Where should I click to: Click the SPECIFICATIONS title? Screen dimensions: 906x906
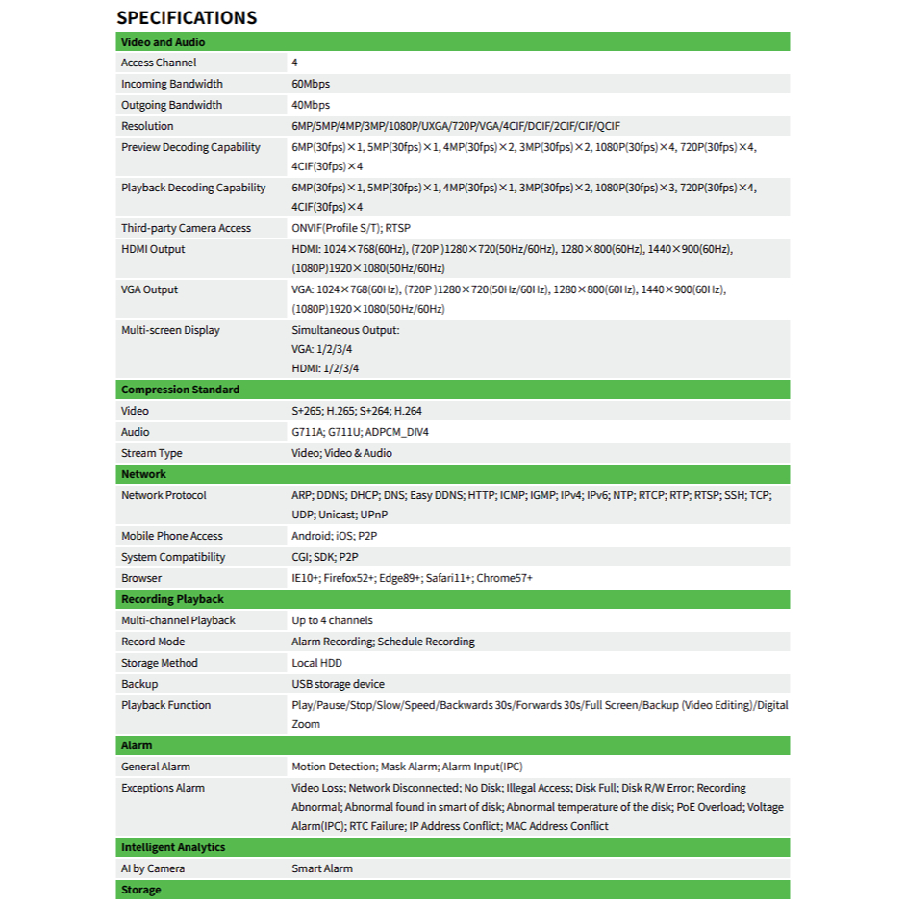tap(187, 17)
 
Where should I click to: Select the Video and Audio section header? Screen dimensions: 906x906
tap(163, 42)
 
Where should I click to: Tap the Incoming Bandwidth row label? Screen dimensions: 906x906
tap(172, 84)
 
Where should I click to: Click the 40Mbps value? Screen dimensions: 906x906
tap(311, 105)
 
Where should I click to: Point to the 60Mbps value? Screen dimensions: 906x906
tap(311, 84)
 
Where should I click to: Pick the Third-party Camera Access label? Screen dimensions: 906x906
tap(186, 228)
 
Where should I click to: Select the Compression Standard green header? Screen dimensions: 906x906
tap(180, 390)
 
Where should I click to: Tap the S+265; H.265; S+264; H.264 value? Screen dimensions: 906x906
tap(357, 411)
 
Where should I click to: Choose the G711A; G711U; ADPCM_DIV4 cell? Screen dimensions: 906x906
tap(361, 432)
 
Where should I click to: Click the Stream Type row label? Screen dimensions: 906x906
tap(151, 453)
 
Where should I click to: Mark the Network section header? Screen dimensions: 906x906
tap(143, 474)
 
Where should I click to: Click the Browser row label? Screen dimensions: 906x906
tap(141, 578)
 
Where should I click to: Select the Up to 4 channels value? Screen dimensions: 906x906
tap(332, 620)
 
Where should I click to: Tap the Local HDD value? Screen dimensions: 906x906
tap(316, 663)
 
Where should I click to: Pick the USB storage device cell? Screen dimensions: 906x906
tap(338, 684)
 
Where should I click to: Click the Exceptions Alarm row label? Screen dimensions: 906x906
tap(163, 788)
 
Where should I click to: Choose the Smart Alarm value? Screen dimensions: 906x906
tap(322, 868)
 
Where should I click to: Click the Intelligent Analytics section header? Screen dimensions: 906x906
tap(173, 847)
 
